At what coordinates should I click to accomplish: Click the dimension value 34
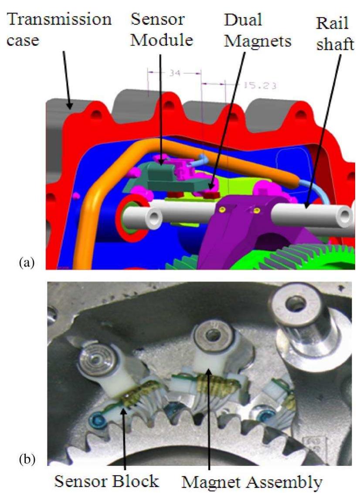point(174,73)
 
